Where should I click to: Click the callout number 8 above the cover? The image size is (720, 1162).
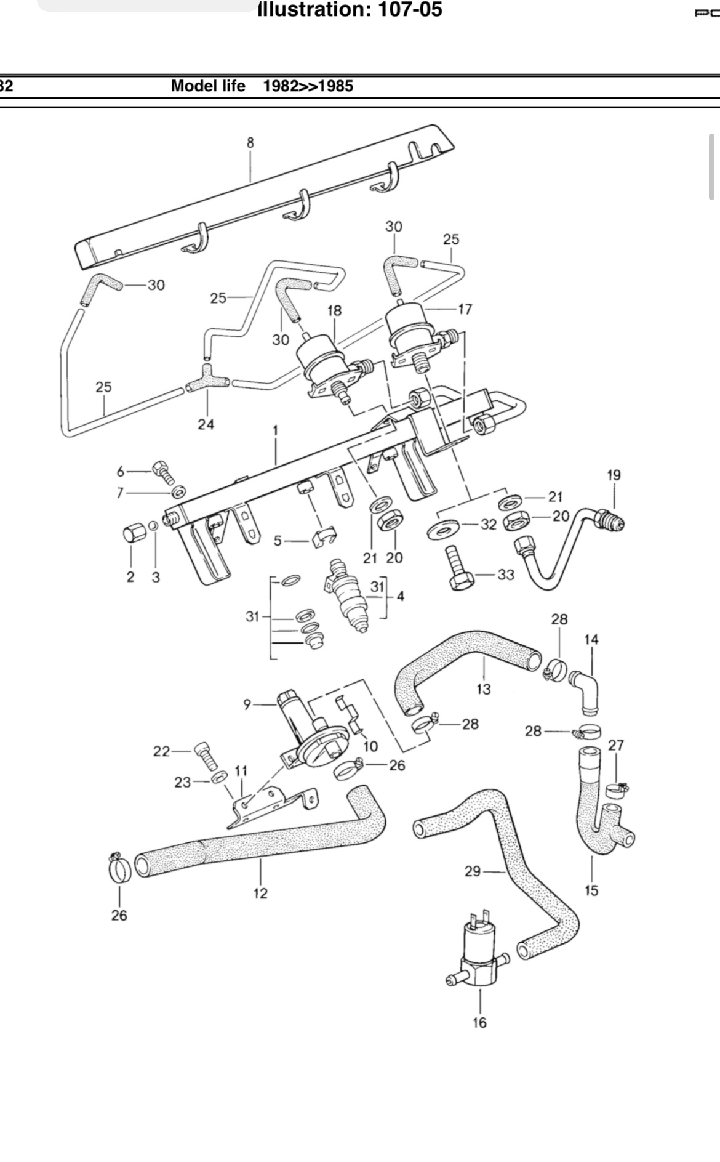click(250, 143)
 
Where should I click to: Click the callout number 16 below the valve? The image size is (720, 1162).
click(479, 1023)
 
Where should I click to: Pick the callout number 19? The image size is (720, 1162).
click(614, 475)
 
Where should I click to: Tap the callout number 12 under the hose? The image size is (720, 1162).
click(260, 893)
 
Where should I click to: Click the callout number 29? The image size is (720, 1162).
click(473, 871)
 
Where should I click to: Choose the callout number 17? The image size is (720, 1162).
click(465, 309)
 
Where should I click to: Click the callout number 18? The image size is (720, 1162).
click(334, 310)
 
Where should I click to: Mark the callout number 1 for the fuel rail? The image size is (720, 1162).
click(275, 430)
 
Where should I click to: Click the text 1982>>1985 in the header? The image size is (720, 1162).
click(308, 86)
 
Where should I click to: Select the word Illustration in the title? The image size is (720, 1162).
click(308, 9)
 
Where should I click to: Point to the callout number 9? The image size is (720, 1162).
click(247, 704)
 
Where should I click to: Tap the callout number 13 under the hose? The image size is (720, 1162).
click(484, 688)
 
